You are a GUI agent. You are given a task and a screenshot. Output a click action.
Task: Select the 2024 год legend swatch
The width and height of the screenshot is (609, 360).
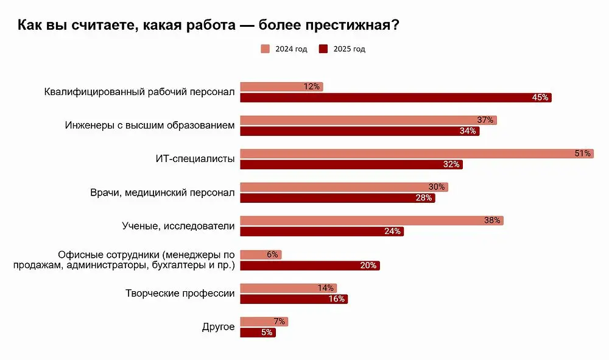tap(265, 49)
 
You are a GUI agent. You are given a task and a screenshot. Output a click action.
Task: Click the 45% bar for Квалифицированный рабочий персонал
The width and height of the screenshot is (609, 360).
tap(396, 97)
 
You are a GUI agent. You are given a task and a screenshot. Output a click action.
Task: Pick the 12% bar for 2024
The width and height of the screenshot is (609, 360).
tap(281, 86)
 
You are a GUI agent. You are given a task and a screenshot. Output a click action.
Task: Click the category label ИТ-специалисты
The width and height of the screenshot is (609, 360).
tap(195, 159)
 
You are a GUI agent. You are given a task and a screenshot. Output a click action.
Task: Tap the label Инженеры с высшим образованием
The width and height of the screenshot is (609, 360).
tap(149, 125)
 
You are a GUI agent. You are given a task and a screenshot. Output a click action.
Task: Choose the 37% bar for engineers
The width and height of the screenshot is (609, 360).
tap(368, 120)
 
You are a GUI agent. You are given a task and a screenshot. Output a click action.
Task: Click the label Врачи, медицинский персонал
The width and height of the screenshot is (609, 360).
tap(162, 192)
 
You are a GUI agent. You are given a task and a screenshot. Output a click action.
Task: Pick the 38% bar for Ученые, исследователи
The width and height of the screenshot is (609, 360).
tap(371, 221)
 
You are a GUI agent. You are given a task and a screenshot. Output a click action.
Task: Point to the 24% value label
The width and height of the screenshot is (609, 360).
tap(393, 231)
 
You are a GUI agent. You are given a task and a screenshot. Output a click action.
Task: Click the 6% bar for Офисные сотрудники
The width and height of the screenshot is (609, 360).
tap(261, 255)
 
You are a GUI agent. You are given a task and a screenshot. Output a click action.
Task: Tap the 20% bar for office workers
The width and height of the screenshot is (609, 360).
tap(310, 266)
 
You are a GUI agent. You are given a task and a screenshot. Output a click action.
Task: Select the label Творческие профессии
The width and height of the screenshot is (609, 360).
tap(180, 294)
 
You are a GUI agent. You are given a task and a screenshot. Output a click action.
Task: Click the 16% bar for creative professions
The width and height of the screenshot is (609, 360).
tap(294, 299)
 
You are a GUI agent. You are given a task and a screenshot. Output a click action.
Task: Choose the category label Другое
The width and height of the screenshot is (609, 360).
tap(218, 327)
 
